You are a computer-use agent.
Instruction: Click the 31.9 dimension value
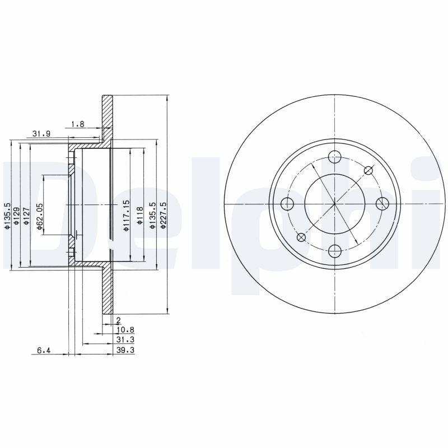click(42, 133)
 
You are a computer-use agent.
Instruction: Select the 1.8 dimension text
click(78, 124)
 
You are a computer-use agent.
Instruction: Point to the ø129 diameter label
click(17, 216)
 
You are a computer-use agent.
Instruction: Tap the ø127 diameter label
click(26, 216)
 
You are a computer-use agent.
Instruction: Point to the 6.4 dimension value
click(44, 351)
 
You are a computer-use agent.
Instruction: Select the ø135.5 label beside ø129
click(8, 216)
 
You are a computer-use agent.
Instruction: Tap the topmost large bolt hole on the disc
click(334, 156)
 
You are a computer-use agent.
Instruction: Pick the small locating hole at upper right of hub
click(368, 170)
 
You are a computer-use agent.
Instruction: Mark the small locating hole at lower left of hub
click(301, 236)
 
